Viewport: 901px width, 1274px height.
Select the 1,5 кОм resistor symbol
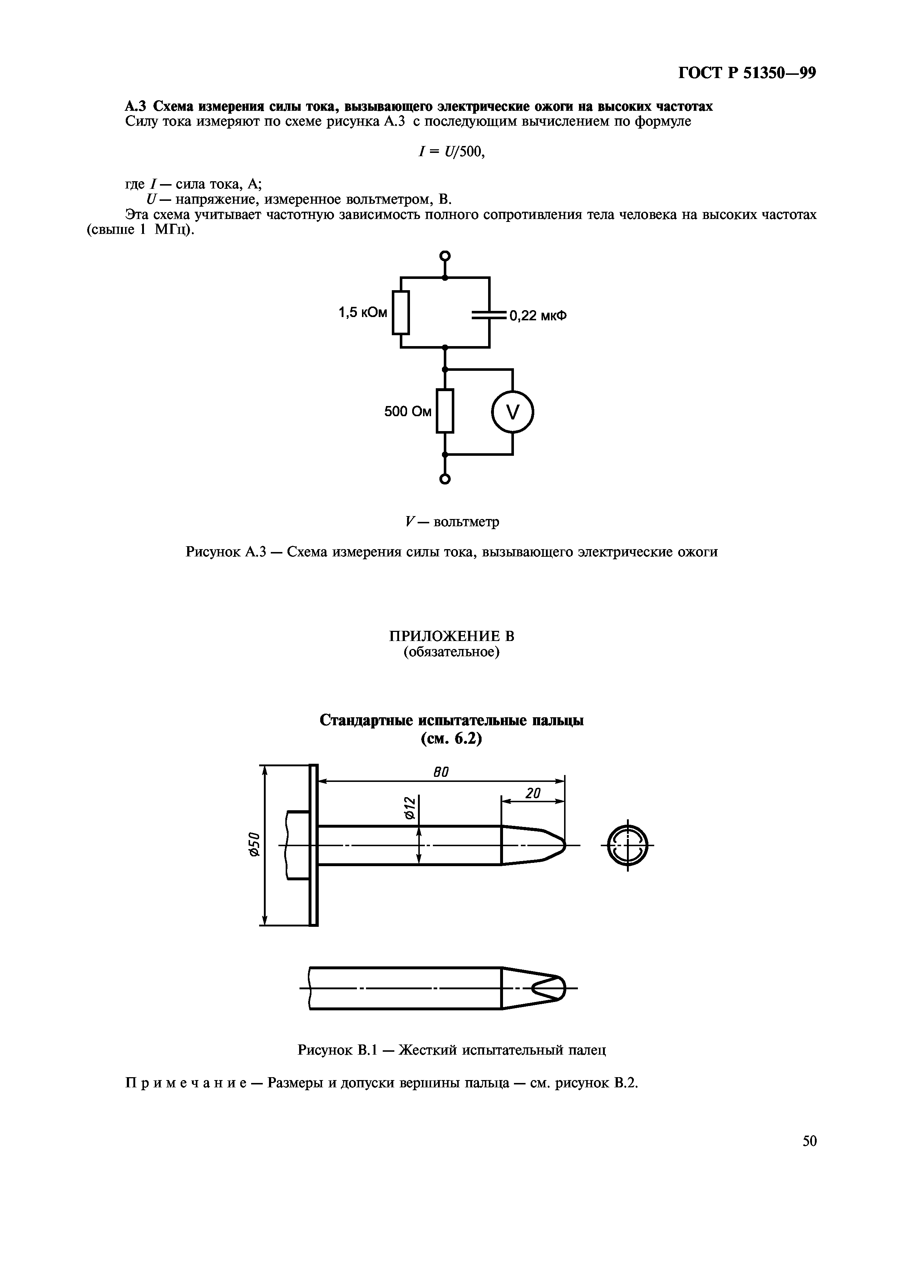400,312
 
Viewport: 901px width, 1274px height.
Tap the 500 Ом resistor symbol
445,411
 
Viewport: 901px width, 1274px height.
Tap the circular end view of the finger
627,845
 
